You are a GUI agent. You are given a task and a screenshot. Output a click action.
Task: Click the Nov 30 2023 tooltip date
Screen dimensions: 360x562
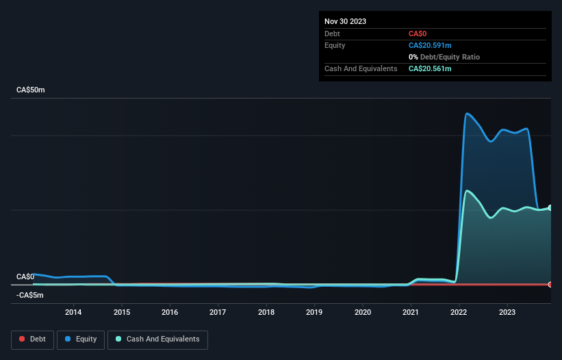345,21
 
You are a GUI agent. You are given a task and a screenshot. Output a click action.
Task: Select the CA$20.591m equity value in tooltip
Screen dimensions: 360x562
430,45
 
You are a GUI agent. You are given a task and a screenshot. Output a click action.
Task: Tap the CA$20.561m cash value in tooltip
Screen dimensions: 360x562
430,68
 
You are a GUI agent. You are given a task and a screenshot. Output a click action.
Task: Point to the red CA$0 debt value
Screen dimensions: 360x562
418,34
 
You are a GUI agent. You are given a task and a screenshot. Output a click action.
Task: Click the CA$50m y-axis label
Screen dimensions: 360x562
30,90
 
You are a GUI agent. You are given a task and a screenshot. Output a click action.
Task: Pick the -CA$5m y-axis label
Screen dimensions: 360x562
29,296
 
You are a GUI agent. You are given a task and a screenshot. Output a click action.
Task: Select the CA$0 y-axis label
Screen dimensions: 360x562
25,277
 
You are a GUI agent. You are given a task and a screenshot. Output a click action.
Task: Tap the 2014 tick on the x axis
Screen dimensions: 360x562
73,312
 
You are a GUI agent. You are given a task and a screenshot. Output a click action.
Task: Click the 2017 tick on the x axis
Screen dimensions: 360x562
218,312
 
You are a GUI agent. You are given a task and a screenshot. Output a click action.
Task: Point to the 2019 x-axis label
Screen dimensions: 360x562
314,312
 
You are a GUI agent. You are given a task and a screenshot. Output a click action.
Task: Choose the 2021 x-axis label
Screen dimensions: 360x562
411,312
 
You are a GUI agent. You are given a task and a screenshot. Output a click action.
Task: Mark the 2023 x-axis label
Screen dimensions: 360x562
507,312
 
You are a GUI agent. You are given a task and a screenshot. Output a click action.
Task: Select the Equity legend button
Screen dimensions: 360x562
80,339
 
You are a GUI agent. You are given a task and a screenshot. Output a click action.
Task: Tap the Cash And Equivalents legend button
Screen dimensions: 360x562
157,339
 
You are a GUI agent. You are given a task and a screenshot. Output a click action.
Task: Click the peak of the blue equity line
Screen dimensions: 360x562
467,114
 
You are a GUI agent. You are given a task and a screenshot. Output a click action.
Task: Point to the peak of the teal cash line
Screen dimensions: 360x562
467,190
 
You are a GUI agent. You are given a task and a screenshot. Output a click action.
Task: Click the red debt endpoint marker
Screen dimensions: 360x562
550,284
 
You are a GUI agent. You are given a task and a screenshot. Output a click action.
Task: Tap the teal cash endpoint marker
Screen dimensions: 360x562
550,207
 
